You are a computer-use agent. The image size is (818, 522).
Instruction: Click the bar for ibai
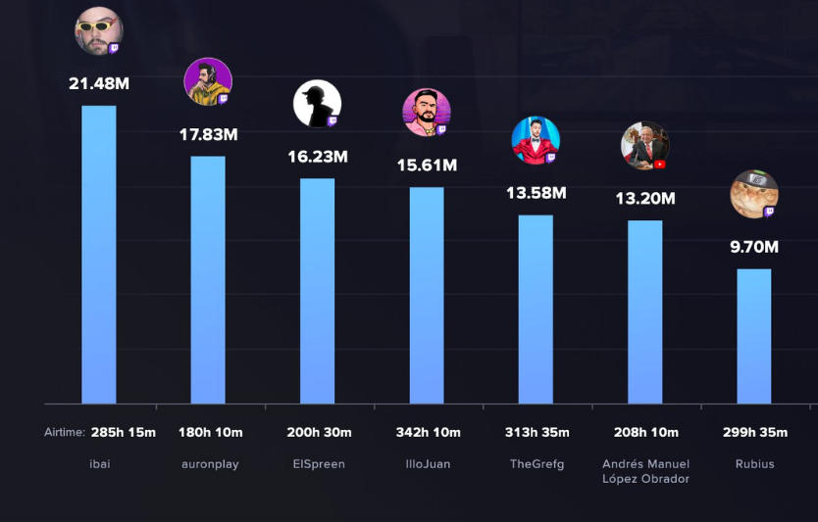click(x=98, y=255)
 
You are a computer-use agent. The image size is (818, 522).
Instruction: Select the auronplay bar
click(x=208, y=280)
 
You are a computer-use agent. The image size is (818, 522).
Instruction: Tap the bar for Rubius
click(x=754, y=336)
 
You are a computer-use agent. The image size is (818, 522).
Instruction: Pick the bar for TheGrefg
click(x=536, y=309)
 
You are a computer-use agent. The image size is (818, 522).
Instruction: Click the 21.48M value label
click(x=98, y=84)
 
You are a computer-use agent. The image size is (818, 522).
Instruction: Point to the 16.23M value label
click(x=318, y=157)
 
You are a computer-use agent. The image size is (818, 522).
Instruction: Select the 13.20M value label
click(x=645, y=199)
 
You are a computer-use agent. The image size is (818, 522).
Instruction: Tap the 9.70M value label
click(x=754, y=247)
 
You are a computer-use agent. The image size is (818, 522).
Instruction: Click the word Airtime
click(x=64, y=433)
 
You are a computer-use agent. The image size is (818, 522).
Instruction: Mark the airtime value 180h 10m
click(x=210, y=433)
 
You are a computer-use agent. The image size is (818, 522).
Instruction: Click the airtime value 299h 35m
click(x=754, y=433)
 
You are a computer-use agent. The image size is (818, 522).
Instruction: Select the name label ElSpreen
click(x=318, y=464)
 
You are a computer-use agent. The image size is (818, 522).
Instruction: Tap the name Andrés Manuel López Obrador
click(x=645, y=471)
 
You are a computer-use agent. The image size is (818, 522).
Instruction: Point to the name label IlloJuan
click(x=427, y=464)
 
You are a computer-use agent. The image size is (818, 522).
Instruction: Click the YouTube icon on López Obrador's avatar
click(x=660, y=165)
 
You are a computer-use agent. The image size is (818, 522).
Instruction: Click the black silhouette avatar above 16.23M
click(x=317, y=103)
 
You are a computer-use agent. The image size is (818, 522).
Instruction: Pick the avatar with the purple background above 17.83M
click(x=208, y=81)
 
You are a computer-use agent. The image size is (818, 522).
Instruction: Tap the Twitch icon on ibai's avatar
click(x=114, y=48)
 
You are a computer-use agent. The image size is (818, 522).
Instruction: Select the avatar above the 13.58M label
click(x=536, y=140)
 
